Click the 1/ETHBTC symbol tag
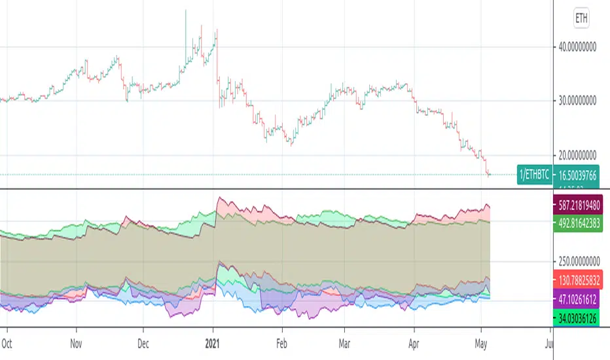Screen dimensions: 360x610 click(x=535, y=175)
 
